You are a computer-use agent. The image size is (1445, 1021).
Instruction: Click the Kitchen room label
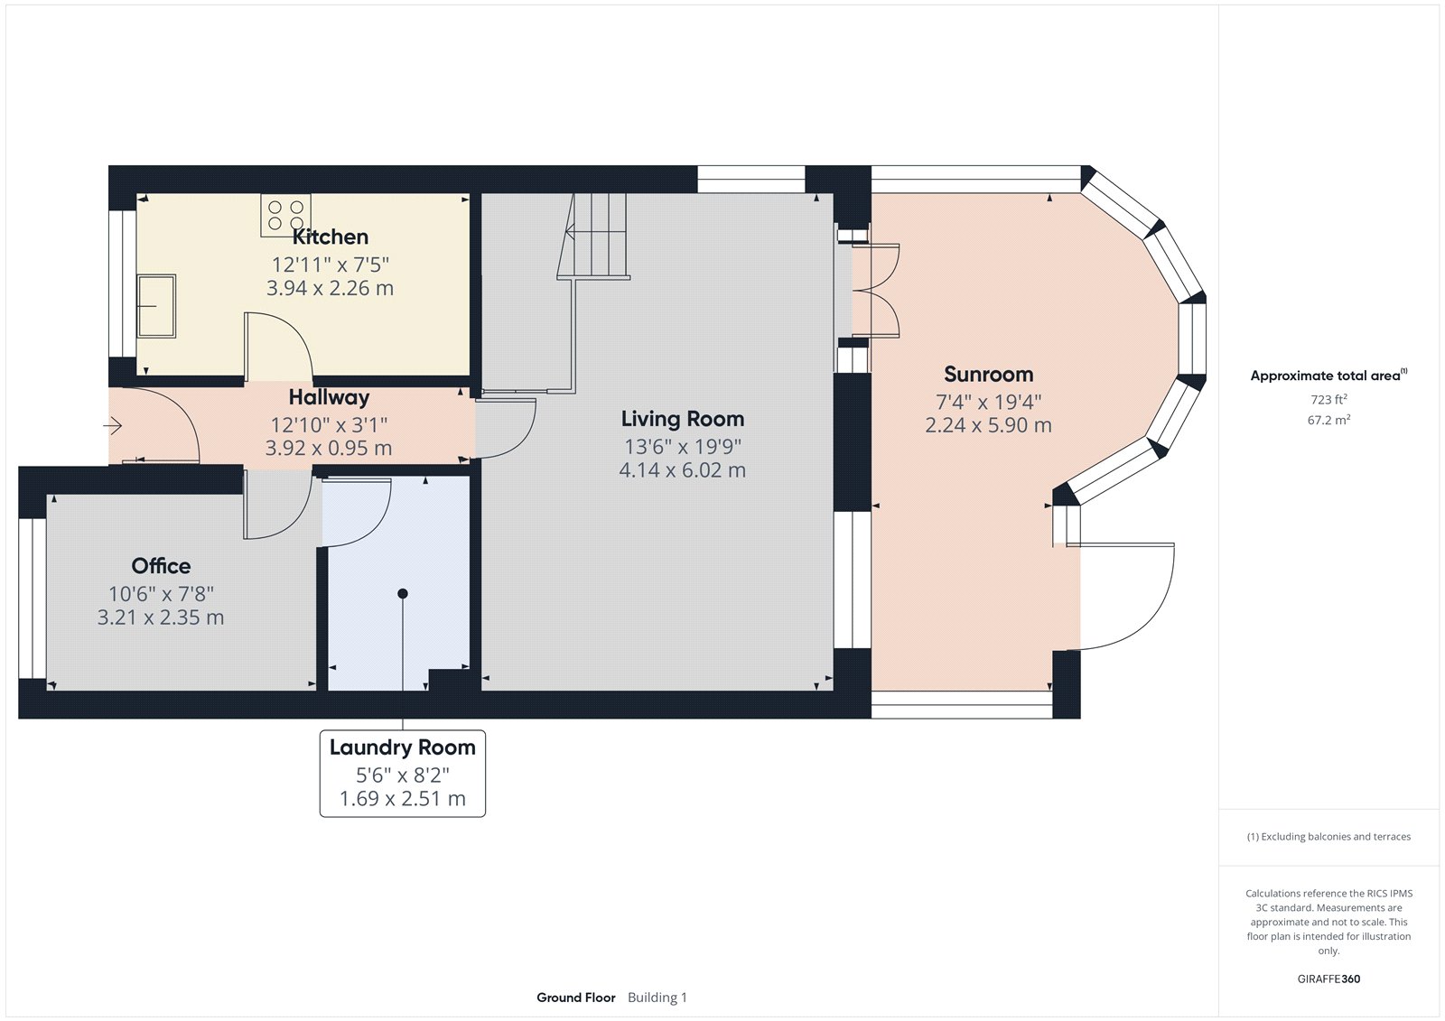click(x=330, y=237)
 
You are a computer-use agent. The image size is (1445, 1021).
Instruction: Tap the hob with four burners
click(x=285, y=215)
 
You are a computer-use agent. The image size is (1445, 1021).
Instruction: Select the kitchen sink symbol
click(x=156, y=306)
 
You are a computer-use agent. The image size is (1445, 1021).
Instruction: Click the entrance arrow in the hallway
click(x=113, y=425)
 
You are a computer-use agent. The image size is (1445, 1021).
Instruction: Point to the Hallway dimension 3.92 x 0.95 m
click(x=329, y=449)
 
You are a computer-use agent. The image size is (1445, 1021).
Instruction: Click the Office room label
click(x=161, y=566)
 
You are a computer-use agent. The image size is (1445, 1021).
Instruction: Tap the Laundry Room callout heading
click(x=402, y=747)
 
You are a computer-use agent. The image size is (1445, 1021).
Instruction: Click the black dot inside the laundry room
click(x=403, y=593)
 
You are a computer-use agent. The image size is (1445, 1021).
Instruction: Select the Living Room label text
click(x=683, y=419)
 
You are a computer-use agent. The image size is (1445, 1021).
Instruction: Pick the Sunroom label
click(x=988, y=375)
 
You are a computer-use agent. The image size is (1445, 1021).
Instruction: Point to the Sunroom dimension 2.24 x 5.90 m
click(x=988, y=425)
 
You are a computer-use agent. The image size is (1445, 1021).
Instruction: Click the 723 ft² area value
click(x=1328, y=399)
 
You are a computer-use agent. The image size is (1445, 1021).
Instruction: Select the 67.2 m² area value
click(x=1328, y=420)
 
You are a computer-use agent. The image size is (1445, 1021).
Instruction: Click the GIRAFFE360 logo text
click(x=1328, y=979)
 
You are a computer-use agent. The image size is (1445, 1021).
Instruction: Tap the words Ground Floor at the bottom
click(x=575, y=998)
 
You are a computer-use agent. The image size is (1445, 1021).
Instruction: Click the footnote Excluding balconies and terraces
click(x=1328, y=837)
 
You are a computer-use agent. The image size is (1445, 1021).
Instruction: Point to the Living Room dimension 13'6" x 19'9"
click(x=683, y=447)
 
